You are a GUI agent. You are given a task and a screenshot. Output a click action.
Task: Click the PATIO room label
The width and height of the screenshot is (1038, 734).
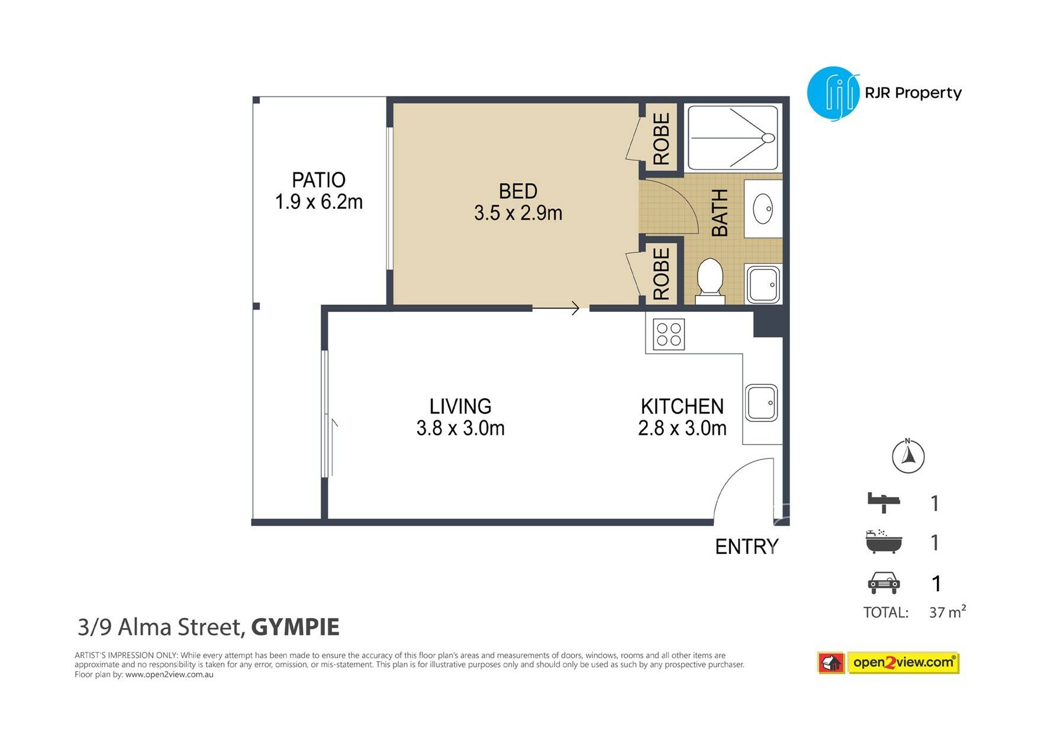[318, 180]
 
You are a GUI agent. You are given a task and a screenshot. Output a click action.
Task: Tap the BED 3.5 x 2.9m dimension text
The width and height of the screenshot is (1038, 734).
[518, 213]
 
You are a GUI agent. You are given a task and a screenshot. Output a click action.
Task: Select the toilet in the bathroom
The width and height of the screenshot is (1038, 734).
[710, 281]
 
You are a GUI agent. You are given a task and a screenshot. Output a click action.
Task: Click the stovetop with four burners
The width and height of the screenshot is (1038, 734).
[669, 334]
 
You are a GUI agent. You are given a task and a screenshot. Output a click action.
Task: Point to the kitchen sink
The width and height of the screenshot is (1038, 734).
[761, 403]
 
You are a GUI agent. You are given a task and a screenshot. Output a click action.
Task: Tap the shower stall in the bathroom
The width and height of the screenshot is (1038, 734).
[733, 139]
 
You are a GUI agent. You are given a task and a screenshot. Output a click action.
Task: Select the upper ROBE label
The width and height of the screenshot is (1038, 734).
[661, 139]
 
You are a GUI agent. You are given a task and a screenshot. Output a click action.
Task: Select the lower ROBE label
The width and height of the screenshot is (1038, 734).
[661, 273]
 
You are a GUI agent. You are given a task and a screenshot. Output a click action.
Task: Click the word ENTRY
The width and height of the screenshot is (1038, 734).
[747, 546]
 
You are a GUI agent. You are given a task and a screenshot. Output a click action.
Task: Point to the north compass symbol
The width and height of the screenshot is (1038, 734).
[908, 456]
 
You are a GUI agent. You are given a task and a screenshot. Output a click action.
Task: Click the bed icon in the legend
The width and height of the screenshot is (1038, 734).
[884, 503]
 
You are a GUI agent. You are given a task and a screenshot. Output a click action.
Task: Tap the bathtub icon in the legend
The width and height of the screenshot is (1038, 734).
[884, 542]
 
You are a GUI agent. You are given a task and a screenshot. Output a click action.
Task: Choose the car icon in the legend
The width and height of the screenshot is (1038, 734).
[884, 583]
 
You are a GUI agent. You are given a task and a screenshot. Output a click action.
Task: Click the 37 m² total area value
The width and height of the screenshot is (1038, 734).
[947, 611]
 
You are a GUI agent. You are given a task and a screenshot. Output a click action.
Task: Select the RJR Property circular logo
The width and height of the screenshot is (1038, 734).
[833, 93]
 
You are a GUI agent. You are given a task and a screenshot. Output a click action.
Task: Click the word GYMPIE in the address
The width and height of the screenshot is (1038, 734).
[295, 627]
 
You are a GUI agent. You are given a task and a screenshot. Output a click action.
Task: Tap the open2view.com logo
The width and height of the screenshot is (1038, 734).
[888, 663]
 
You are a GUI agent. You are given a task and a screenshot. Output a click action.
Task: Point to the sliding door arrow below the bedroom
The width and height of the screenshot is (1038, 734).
[556, 308]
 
